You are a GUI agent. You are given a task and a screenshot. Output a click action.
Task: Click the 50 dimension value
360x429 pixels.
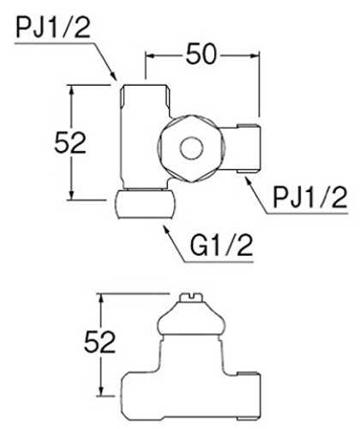click(x=201, y=54)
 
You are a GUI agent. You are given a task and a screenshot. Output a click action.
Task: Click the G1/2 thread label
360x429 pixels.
click(x=221, y=245)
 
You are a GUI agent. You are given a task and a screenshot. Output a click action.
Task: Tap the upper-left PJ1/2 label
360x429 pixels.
click(x=53, y=27)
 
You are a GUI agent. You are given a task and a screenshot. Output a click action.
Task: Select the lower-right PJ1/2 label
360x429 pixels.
click(x=310, y=198)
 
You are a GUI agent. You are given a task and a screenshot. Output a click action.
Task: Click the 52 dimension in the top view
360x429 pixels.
click(x=70, y=142)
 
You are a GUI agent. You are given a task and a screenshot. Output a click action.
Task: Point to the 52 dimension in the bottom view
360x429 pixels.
click(x=99, y=341)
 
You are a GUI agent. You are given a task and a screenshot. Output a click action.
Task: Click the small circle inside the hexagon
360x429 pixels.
click(x=192, y=148)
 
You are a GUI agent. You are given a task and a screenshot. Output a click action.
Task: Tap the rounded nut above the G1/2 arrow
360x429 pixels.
click(x=146, y=204)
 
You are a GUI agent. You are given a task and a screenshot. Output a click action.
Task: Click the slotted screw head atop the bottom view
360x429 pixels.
click(x=191, y=297)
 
